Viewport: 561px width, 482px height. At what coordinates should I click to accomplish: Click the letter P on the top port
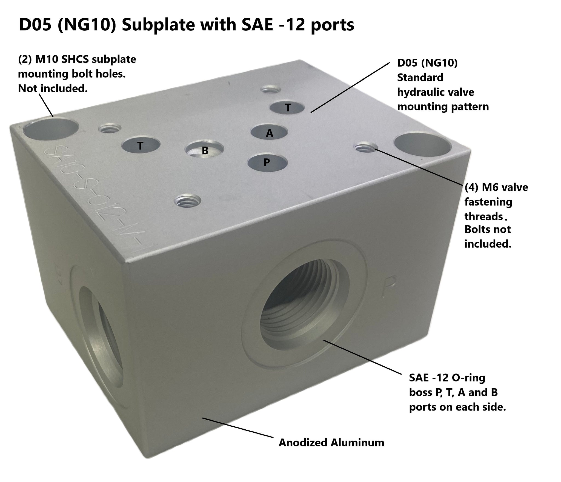click(x=266, y=163)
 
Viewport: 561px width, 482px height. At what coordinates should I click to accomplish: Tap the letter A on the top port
click(x=270, y=133)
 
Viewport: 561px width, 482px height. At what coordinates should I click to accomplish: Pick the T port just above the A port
click(x=287, y=107)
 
